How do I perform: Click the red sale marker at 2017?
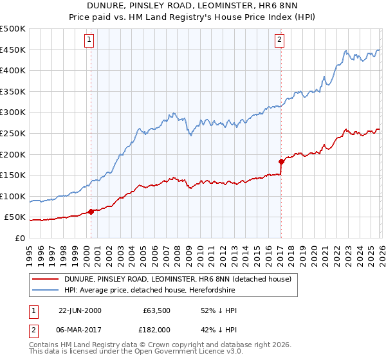point(281,161)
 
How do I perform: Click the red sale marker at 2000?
point(91,211)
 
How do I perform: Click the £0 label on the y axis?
point(20,238)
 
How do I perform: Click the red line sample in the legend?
point(45,279)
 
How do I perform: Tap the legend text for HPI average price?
point(149,291)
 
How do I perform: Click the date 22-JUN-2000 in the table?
point(80,310)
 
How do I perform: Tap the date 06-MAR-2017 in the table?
point(80,331)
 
